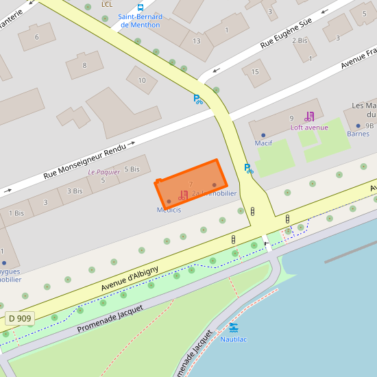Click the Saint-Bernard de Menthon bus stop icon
[x=141, y=8]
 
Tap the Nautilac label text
[x=234, y=339]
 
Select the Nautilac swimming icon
[x=234, y=328]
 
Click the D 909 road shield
[x=20, y=318]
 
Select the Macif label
[x=263, y=143]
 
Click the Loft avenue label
[x=309, y=127]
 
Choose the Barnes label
[x=358, y=134]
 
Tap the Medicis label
[x=169, y=209]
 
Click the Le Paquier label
[x=104, y=172]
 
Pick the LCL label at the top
[x=106, y=4]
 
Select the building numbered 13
[x=197, y=39]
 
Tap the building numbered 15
[x=256, y=71]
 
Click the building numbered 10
[x=142, y=81]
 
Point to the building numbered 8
[x=84, y=66]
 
